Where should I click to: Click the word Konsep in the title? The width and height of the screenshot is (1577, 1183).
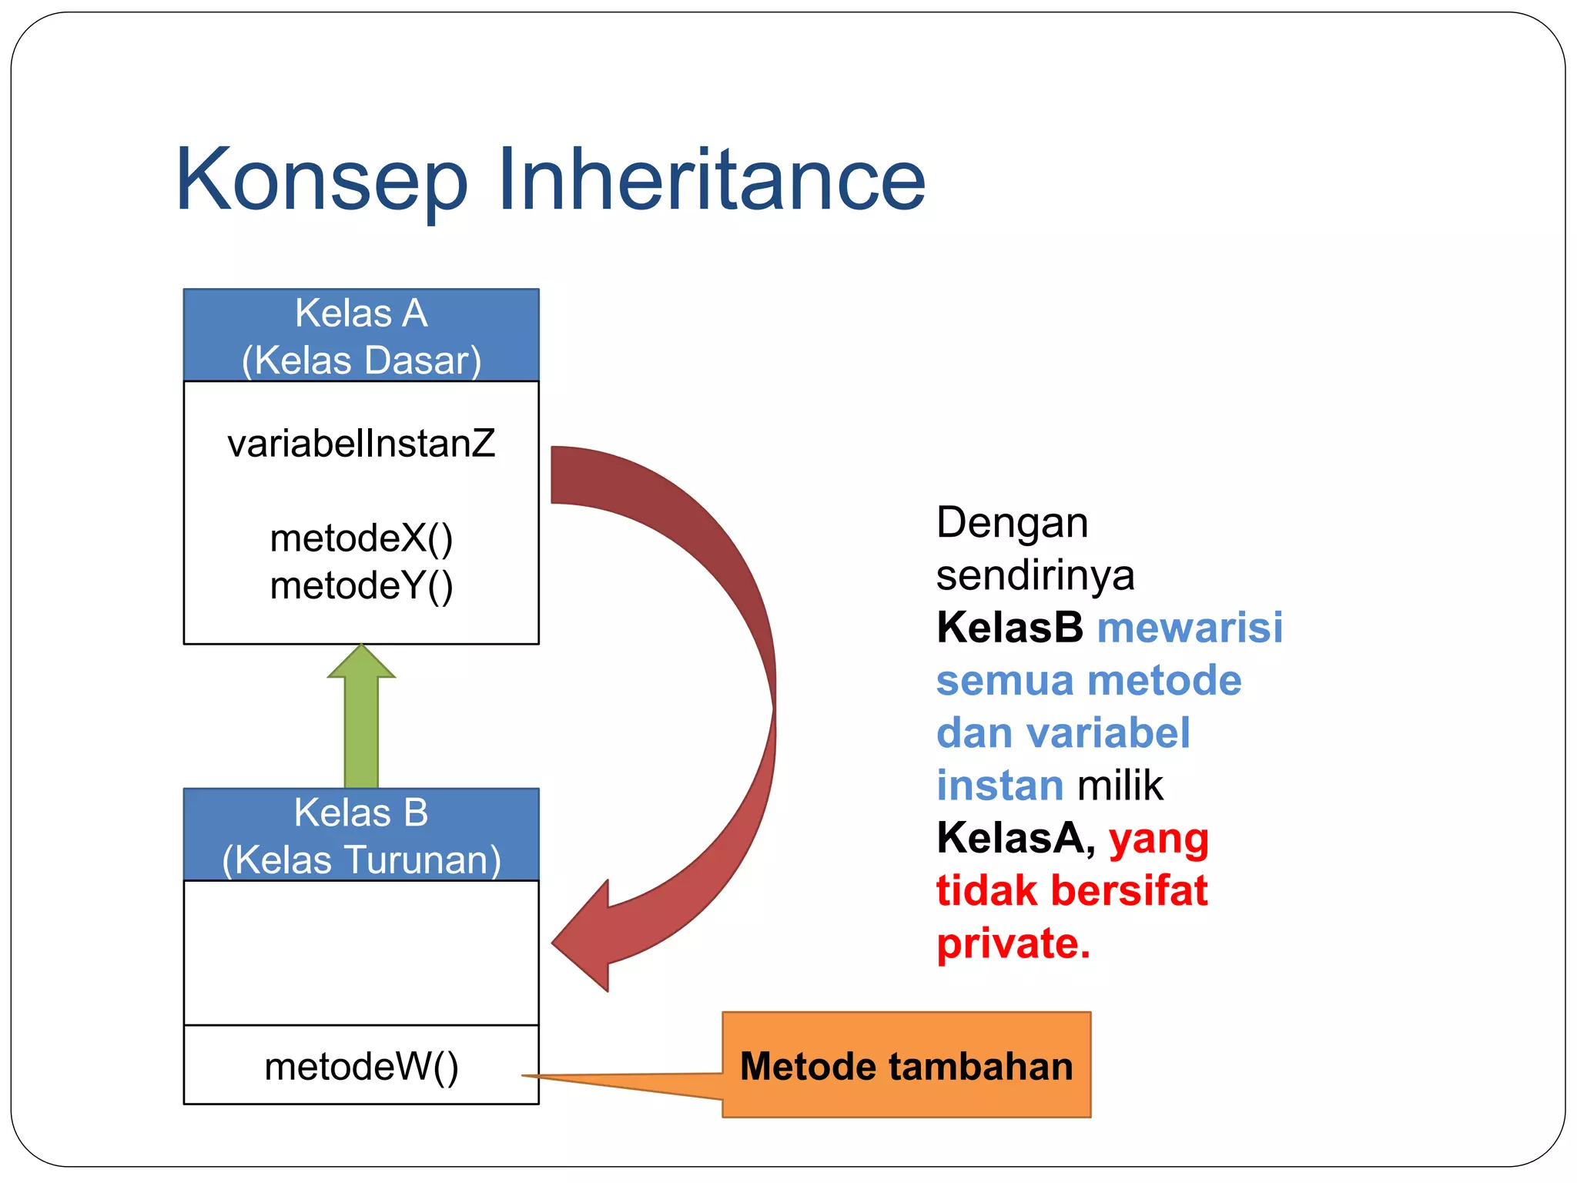coord(321,180)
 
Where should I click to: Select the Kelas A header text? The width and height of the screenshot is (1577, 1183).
coord(361,313)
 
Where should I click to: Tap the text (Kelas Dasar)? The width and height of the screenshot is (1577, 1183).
coord(361,360)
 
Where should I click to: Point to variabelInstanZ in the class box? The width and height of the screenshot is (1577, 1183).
coord(361,444)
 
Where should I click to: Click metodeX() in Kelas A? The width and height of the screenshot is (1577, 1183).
coord(361,538)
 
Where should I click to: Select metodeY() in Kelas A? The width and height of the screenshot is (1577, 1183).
coord(361,585)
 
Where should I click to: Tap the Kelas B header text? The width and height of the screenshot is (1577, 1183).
coord(361,813)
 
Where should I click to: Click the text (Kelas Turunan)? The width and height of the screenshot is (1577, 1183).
coord(361,860)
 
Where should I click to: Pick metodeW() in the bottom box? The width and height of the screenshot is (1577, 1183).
coord(361,1067)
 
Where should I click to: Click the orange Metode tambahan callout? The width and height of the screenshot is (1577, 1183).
coord(906,1066)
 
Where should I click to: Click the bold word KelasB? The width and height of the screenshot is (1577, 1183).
coord(1009,627)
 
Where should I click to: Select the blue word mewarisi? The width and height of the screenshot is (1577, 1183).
coord(1190,627)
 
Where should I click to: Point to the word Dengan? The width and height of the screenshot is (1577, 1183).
coord(1012,522)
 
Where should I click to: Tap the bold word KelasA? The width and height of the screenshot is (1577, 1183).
coord(1016,838)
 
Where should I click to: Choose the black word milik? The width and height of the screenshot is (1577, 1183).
coord(1120,786)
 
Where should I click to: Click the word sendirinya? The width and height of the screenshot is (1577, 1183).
coord(1035,575)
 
